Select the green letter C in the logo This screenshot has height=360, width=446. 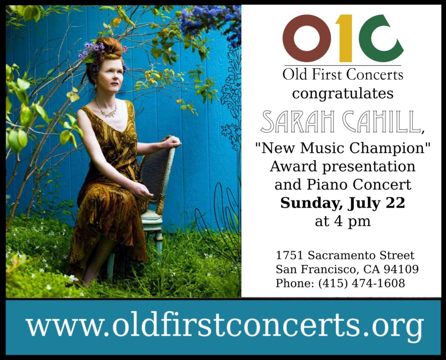(x=380, y=38)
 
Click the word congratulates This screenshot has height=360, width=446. (x=343, y=94)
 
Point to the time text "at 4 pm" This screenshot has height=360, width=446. (x=343, y=221)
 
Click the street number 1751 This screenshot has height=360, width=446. (x=290, y=255)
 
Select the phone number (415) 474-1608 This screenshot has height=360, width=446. (x=361, y=283)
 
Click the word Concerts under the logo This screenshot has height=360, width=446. (x=375, y=75)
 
